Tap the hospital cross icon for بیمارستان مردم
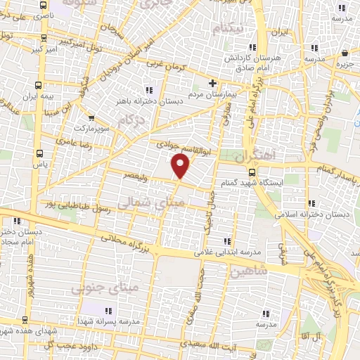[x=212, y=83]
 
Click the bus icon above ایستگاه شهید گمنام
[x=251, y=172]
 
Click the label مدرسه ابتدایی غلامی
[x=227, y=252]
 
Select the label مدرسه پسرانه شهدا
[x=108, y=321]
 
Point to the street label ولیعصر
[x=135, y=172]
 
